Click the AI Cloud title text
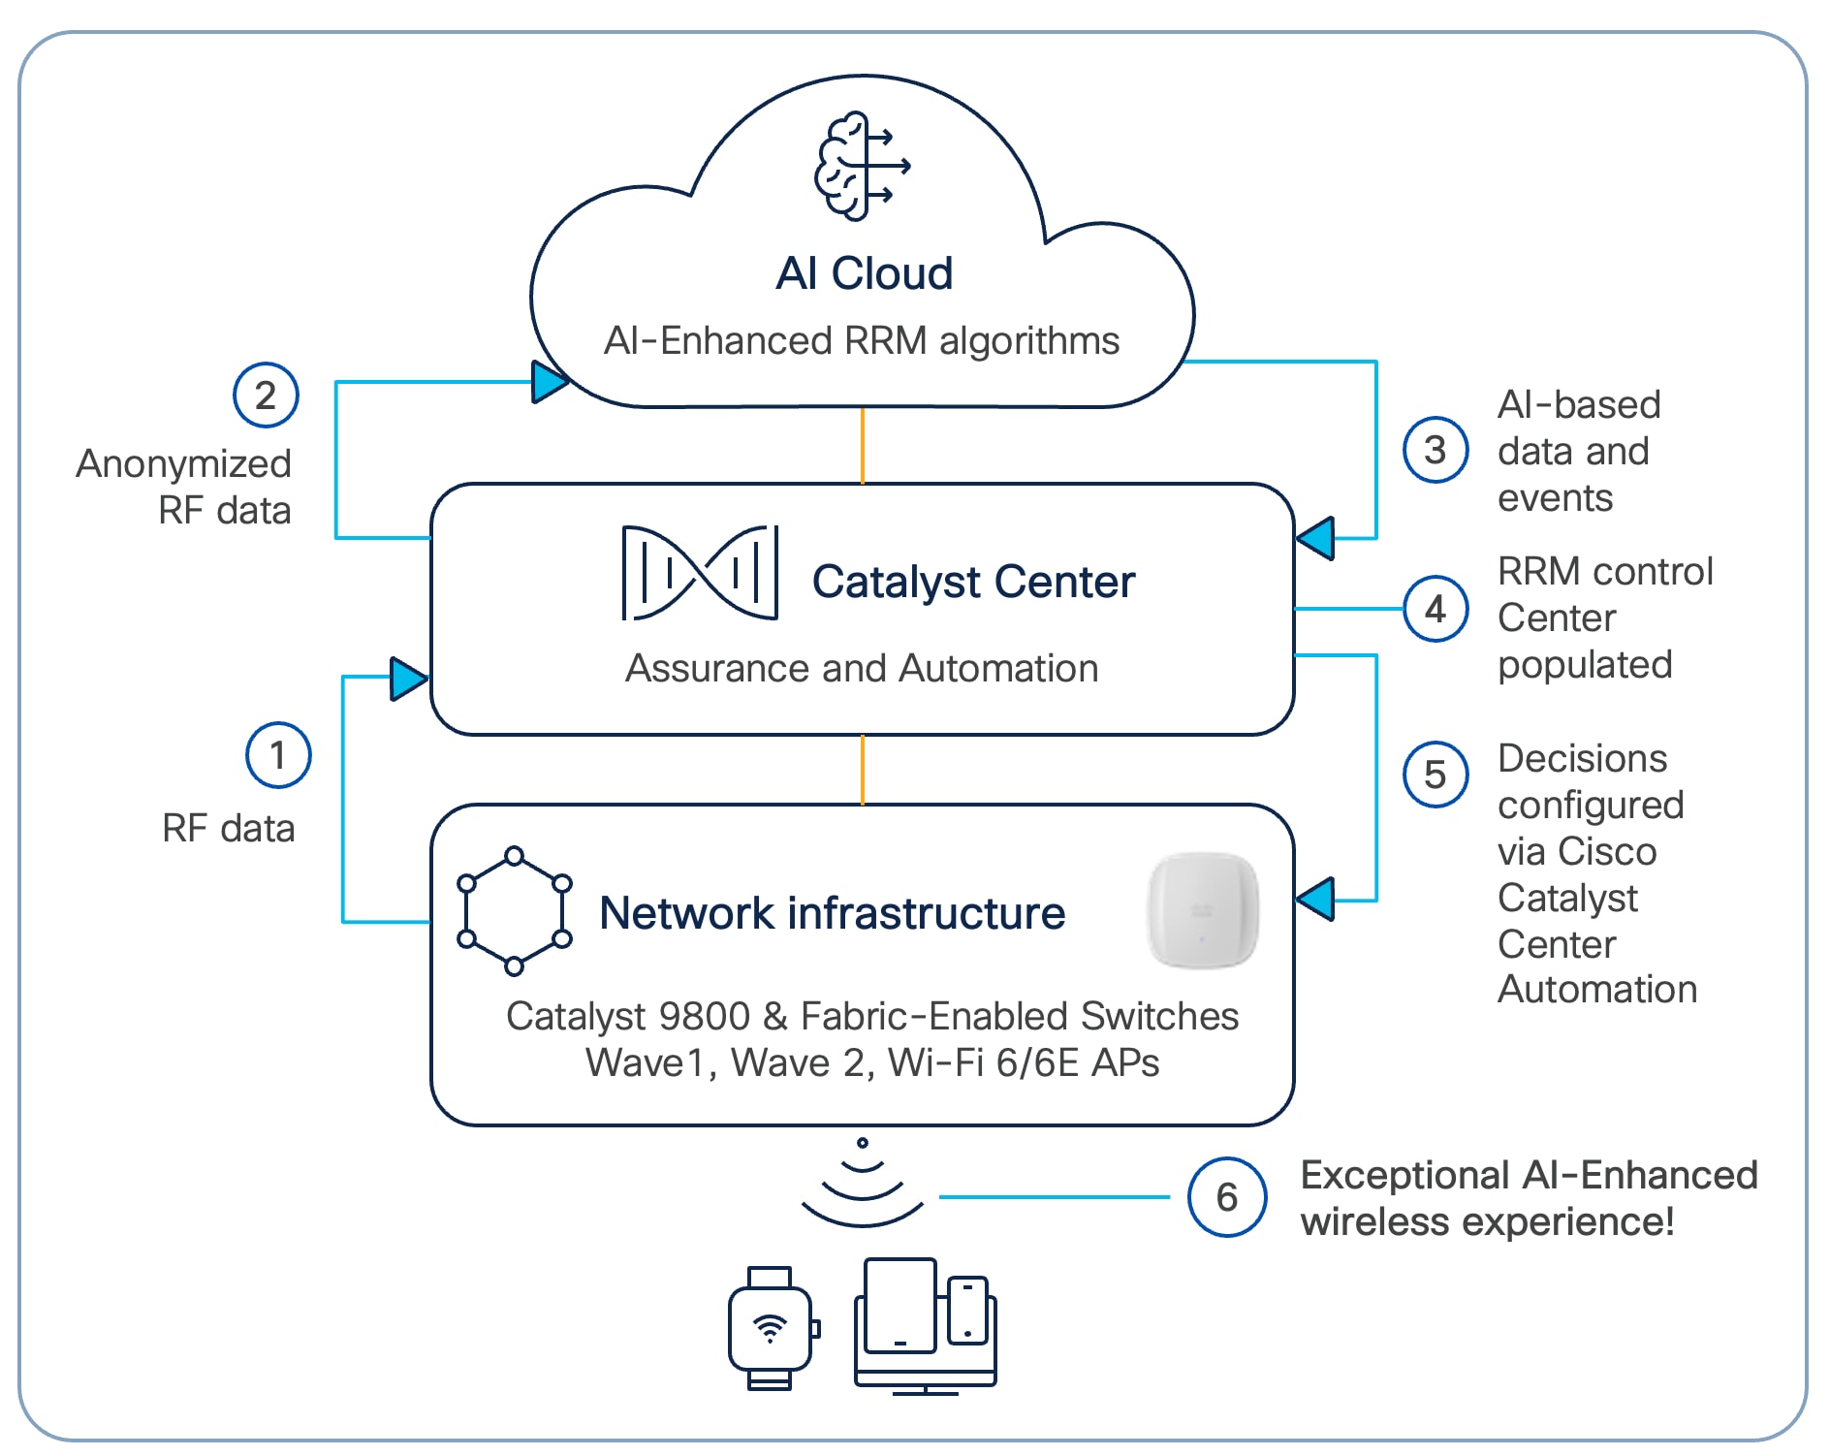tap(864, 273)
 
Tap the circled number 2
tap(265, 395)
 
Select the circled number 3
tap(1435, 450)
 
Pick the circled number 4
tap(1435, 609)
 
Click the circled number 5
tap(1435, 775)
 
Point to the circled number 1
tap(278, 754)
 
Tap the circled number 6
tap(1226, 1197)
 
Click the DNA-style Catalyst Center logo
tap(700, 573)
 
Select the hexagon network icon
tap(514, 911)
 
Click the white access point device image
tap(1203, 910)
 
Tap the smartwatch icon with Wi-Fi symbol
tap(772, 1328)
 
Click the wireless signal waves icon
tap(862, 1187)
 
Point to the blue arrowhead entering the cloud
tap(550, 381)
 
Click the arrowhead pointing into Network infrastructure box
tap(1315, 900)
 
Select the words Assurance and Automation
tap(862, 668)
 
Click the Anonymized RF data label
tap(184, 487)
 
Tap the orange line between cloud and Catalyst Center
tap(862, 445)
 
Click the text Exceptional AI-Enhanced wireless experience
tap(1528, 1198)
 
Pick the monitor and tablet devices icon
tap(926, 1326)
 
